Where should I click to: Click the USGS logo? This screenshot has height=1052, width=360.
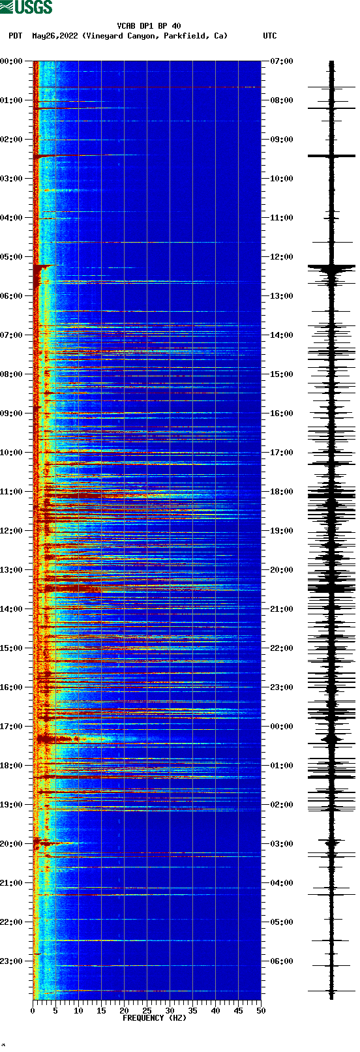26,7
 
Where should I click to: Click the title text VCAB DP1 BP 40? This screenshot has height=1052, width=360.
149,26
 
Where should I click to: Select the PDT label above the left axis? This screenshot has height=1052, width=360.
15,36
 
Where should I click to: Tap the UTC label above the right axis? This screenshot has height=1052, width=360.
269,36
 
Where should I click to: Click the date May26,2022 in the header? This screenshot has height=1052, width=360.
55,36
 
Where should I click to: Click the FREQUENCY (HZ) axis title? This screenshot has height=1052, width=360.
155,1017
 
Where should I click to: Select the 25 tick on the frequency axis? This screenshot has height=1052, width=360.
147,1010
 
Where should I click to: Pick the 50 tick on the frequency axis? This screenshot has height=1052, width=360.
260,1010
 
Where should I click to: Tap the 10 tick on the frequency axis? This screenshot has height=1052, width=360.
78,1010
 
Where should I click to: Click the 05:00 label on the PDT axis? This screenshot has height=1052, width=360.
11,257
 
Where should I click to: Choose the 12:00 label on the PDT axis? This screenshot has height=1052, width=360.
11,531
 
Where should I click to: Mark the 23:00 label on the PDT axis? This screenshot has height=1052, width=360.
11,961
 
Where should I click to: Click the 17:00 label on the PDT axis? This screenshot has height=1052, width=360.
11,727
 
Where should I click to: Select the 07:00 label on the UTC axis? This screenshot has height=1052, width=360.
282,61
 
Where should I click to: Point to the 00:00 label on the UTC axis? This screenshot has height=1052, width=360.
282,727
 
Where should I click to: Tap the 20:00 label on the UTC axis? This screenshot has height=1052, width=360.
282,570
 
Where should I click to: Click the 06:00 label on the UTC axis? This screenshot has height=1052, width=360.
282,961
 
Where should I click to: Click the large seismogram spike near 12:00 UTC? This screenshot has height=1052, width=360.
331,267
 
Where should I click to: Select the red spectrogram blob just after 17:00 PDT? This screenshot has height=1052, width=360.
46,738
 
